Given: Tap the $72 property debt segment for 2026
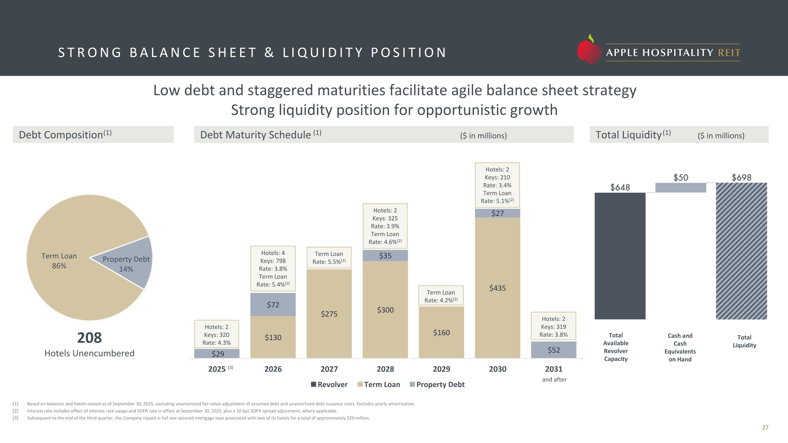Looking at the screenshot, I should coord(273,305).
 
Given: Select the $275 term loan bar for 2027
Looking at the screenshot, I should coord(329,314).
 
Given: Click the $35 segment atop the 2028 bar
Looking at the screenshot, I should coord(385,256).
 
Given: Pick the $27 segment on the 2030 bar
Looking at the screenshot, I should coord(497,213).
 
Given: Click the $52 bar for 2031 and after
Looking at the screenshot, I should coord(554,350).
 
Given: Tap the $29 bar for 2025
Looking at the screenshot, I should coord(217,353).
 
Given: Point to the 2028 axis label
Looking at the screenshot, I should coord(385,369).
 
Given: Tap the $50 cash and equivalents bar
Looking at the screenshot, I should coord(681,187).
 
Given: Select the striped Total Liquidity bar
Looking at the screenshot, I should coord(741,251).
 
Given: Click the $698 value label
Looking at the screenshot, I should coord(741,177).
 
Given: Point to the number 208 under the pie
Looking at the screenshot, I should coord(89,338).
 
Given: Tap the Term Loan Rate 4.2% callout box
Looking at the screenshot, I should coord(441,296).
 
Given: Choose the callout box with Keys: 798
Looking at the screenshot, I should coord(273,268).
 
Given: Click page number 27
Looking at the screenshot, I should coord(765,428).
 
